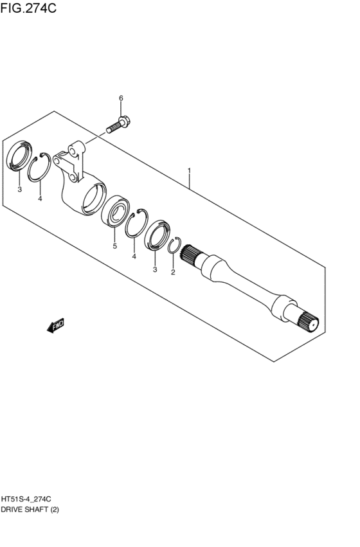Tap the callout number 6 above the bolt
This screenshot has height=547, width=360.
tap(120, 98)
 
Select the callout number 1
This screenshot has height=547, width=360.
tap(189, 171)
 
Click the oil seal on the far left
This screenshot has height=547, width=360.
tap(19, 157)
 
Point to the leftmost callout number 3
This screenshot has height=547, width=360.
tap(19, 190)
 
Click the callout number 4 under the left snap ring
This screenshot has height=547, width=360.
tap(40, 199)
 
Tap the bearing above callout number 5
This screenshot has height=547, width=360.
tap(119, 212)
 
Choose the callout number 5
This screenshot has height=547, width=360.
tap(114, 246)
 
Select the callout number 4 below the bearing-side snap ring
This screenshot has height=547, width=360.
tap(134, 256)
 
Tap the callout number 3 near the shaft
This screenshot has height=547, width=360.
tap(154, 269)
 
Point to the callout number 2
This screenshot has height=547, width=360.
tap(172, 273)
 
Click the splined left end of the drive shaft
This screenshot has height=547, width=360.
tap(191, 256)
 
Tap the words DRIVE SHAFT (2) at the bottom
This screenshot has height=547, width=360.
tap(33, 508)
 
